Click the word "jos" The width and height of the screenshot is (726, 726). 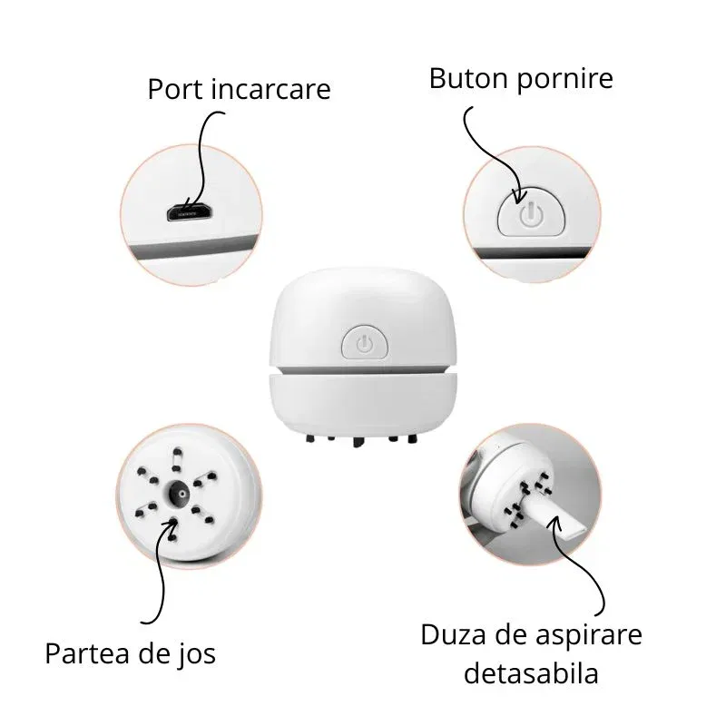click(x=196, y=652)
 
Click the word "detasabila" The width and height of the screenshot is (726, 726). click(x=531, y=673)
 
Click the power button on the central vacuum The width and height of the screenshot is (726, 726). click(x=364, y=343)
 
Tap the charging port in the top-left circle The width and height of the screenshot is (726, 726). click(x=190, y=214)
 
